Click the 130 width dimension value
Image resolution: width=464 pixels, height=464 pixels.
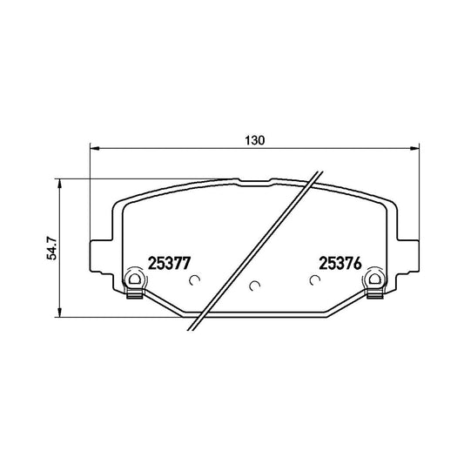tap(255, 140)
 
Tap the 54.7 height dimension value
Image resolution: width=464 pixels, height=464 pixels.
tap(51, 248)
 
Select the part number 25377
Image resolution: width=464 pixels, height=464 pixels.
tap(169, 263)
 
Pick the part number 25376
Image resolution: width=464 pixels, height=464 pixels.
tap(340, 263)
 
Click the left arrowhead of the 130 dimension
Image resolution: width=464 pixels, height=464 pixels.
tap(94, 148)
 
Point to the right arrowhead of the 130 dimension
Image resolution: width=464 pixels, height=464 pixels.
tap(415, 148)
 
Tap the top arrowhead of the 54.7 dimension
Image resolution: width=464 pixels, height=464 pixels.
tap(60, 183)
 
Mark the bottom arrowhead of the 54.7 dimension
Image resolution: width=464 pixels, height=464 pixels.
tap(60, 313)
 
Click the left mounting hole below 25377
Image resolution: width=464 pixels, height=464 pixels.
tap(134, 279)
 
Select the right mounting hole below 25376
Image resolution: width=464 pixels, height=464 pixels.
tap(374, 279)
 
